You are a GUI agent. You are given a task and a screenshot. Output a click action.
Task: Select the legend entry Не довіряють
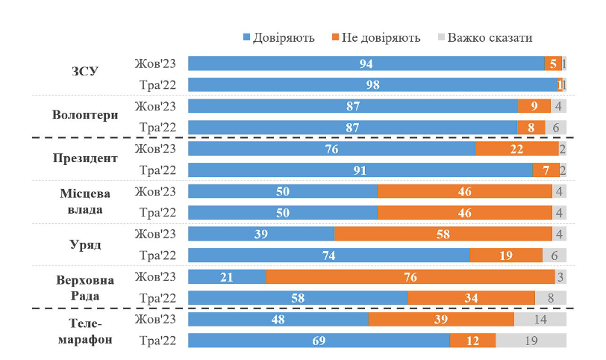click(x=375, y=37)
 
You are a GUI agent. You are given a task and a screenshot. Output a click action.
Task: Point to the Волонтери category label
click(x=85, y=116)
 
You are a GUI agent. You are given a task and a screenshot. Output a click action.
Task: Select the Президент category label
click(x=85, y=158)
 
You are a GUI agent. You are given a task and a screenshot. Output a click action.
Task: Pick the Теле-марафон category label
click(x=85, y=330)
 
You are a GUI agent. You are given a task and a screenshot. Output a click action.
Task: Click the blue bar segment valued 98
click(x=372, y=85)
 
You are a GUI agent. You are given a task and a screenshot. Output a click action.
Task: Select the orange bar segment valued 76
click(x=410, y=277)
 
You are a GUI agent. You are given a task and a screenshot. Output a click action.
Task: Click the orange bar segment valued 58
click(x=443, y=235)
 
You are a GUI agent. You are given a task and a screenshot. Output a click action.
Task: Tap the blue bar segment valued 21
click(x=227, y=277)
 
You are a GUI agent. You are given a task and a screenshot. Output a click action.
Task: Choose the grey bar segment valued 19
click(x=531, y=341)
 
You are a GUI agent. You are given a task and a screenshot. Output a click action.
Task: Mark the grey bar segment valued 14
click(x=540, y=320)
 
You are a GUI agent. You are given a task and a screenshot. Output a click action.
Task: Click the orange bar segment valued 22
click(x=517, y=149)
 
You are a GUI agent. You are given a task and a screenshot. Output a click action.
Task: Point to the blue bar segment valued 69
click(x=319, y=341)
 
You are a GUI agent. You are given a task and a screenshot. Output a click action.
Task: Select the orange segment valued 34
click(x=471, y=298)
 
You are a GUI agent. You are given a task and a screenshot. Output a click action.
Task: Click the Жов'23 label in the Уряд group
click(x=155, y=234)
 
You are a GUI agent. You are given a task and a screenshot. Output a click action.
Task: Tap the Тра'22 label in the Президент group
click(x=157, y=170)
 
